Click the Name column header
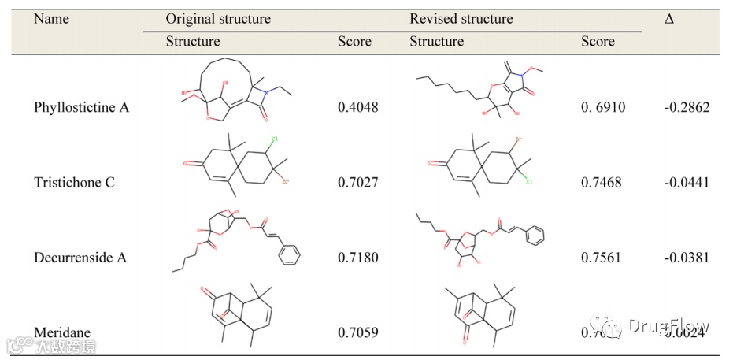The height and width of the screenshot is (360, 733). [51, 18]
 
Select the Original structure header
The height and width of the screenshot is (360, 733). [217, 18]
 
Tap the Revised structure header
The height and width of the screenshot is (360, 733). [461, 18]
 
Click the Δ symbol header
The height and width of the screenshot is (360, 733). [668, 18]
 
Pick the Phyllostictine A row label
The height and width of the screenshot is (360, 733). [81, 107]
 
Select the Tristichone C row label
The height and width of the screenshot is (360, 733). [74, 183]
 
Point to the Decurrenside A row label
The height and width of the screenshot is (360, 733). [80, 258]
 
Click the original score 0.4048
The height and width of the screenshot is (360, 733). [357, 107]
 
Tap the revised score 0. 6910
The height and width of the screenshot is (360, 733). [603, 107]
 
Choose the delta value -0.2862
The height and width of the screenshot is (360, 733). [686, 107]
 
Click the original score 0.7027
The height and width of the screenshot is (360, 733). [357, 183]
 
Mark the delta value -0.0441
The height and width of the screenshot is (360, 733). [686, 183]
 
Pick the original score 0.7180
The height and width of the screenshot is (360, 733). [357, 258]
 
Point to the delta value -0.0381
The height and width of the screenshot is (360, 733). [686, 258]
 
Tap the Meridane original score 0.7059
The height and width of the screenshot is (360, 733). [357, 332]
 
